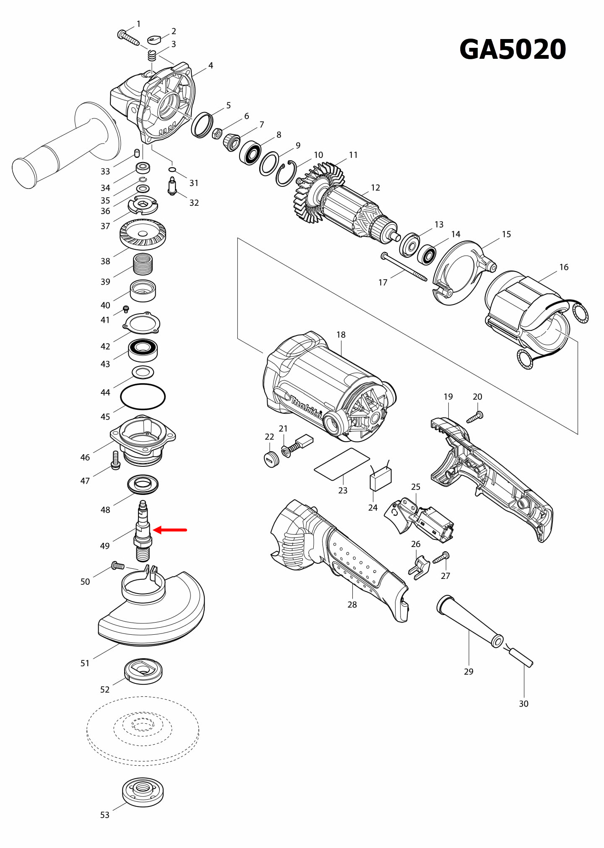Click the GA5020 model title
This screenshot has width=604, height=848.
[x=513, y=50]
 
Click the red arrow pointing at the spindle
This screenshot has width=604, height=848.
[x=170, y=530]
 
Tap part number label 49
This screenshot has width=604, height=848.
[x=105, y=546]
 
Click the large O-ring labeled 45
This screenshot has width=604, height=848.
[x=143, y=396]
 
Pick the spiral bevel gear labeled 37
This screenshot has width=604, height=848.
[x=143, y=234]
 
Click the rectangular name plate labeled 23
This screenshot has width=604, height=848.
[x=342, y=464]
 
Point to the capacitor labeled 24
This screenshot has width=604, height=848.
[x=380, y=479]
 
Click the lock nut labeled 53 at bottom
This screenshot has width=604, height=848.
[x=143, y=792]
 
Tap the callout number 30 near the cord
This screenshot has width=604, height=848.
[x=523, y=704]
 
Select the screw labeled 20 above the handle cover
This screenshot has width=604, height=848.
[x=475, y=417]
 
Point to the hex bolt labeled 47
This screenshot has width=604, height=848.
[x=115, y=461]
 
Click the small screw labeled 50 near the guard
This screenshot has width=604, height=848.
[x=117, y=566]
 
